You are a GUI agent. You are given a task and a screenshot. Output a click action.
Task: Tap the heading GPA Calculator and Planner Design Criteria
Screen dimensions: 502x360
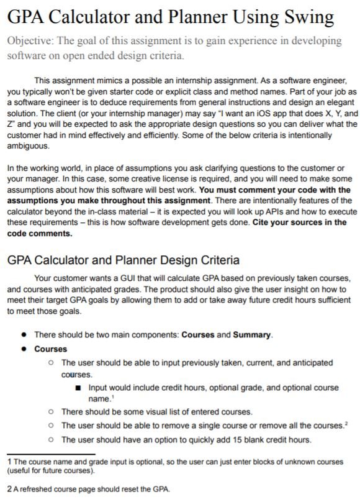pos(123,260)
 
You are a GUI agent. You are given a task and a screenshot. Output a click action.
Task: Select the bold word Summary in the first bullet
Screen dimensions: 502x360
pos(251,335)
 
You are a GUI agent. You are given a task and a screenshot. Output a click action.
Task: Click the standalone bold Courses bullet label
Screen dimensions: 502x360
pos(50,349)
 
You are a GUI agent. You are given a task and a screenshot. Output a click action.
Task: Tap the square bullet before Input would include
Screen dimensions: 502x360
pos(78,388)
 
